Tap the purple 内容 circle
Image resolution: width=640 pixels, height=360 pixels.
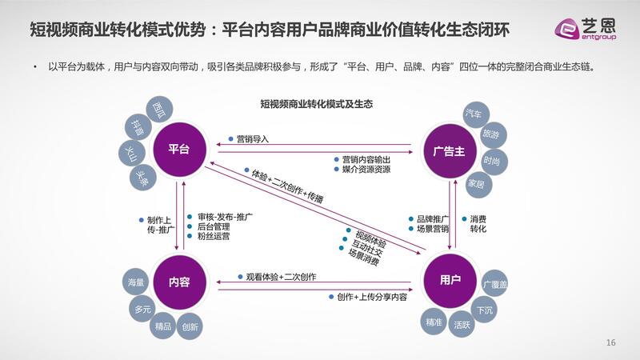pos(178,282)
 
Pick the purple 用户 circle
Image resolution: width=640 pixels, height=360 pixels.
pos(450,280)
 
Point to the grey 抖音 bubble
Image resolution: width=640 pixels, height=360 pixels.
pos(138,126)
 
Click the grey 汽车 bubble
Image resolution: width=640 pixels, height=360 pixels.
pos(473,115)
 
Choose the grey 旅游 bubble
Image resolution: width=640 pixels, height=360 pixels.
pos(490,135)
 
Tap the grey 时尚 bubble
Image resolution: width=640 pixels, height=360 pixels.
pos(492,161)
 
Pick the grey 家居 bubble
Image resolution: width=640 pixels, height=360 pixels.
pos(476,183)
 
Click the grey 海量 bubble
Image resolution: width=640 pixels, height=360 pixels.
pos(135,282)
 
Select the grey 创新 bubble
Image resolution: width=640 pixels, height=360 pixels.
pos(190,326)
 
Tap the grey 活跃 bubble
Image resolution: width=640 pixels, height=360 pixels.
pos(462,325)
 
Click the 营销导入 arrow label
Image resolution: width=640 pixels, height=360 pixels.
pos(252,138)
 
